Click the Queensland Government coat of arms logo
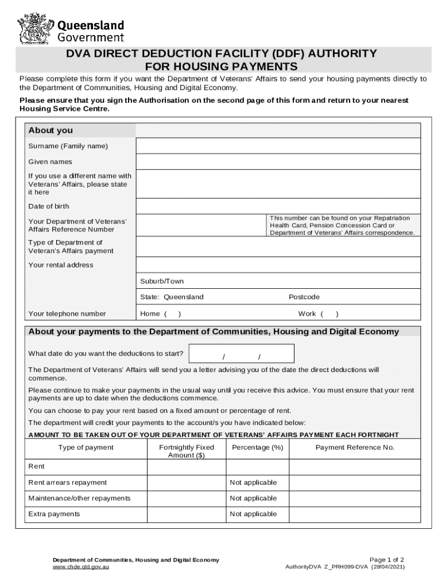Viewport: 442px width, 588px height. coord(36,29)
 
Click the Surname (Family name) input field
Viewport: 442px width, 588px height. coord(278,146)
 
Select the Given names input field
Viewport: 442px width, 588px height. coord(278,162)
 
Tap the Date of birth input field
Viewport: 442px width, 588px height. coord(278,206)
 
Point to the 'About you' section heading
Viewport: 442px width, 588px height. coord(51,130)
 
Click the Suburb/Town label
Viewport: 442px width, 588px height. coord(162,281)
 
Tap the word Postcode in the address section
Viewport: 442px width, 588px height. coord(304,297)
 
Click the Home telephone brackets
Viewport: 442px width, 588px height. coord(172,314)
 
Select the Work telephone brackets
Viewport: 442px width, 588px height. coord(329,314)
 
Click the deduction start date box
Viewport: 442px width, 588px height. coord(241,354)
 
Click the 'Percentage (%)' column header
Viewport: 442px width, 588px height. coord(257,447)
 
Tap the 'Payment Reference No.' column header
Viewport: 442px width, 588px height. coord(355,447)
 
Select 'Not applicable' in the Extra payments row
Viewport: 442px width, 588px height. coord(253,514)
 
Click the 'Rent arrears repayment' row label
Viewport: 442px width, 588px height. coord(67,482)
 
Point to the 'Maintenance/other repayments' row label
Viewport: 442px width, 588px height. coord(79,498)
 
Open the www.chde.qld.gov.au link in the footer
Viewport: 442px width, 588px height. coord(81,567)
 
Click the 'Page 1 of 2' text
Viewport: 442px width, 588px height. coord(387,559)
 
